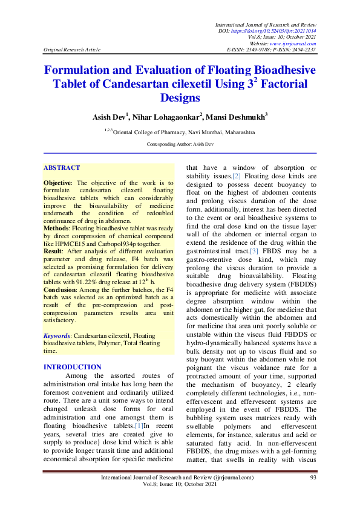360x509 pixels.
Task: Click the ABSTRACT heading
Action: [x=62, y=167]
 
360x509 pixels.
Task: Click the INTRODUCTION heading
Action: [x=73, y=367]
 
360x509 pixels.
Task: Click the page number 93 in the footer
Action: [x=313, y=478]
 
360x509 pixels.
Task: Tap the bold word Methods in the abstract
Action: [x=57, y=229]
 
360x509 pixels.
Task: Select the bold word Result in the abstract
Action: [x=54, y=250]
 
